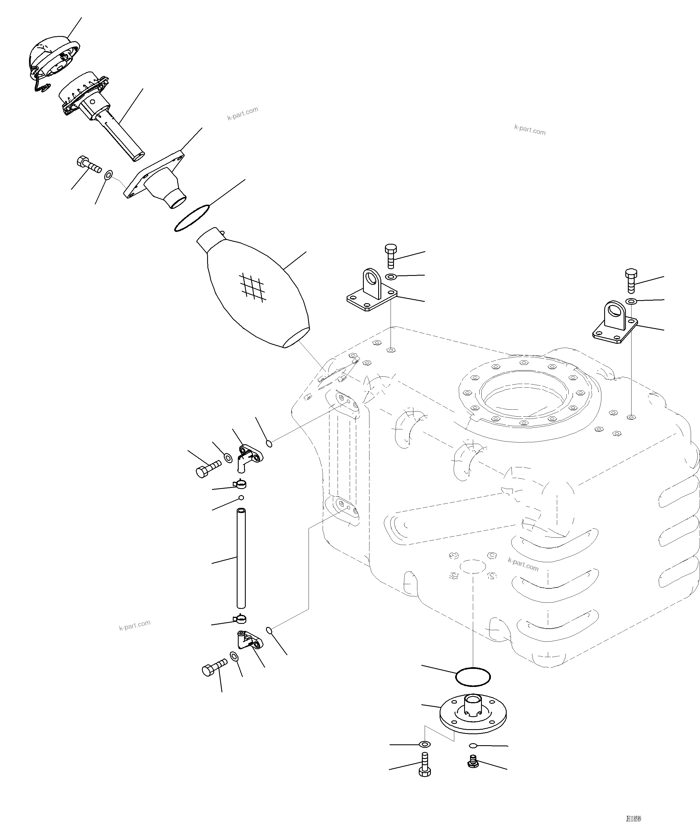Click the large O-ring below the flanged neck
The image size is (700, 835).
pyautogui.click(x=192, y=218)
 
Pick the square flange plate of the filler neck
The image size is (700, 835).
pyautogui.click(x=155, y=175)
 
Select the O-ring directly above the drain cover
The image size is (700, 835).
pyautogui.click(x=473, y=677)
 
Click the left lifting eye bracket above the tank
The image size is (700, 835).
pyautogui.click(x=372, y=292)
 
